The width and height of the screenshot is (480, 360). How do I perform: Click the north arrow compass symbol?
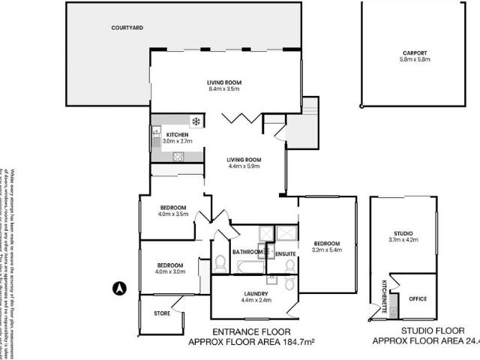click(x=118, y=286)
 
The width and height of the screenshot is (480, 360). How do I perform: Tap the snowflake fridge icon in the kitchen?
click(x=196, y=121)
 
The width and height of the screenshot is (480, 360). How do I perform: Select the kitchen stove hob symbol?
click(x=178, y=157)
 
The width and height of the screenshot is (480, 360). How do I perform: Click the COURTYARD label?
click(x=127, y=28)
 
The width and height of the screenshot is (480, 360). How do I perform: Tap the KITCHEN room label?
click(x=177, y=134)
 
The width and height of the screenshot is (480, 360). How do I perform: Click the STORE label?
click(x=161, y=313)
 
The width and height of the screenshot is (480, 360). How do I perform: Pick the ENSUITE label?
click(x=286, y=255)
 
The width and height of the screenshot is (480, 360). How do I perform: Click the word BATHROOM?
click(x=246, y=252)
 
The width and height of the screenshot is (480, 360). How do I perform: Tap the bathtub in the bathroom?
click(x=247, y=267)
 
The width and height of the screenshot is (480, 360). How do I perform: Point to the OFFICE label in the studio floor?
click(x=418, y=298)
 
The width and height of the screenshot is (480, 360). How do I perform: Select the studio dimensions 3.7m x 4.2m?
click(x=403, y=240)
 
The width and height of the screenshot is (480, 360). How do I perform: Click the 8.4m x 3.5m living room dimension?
click(x=224, y=89)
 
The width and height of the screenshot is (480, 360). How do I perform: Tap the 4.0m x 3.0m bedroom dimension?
click(x=171, y=271)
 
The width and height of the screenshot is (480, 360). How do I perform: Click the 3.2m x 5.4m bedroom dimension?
click(x=327, y=250)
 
